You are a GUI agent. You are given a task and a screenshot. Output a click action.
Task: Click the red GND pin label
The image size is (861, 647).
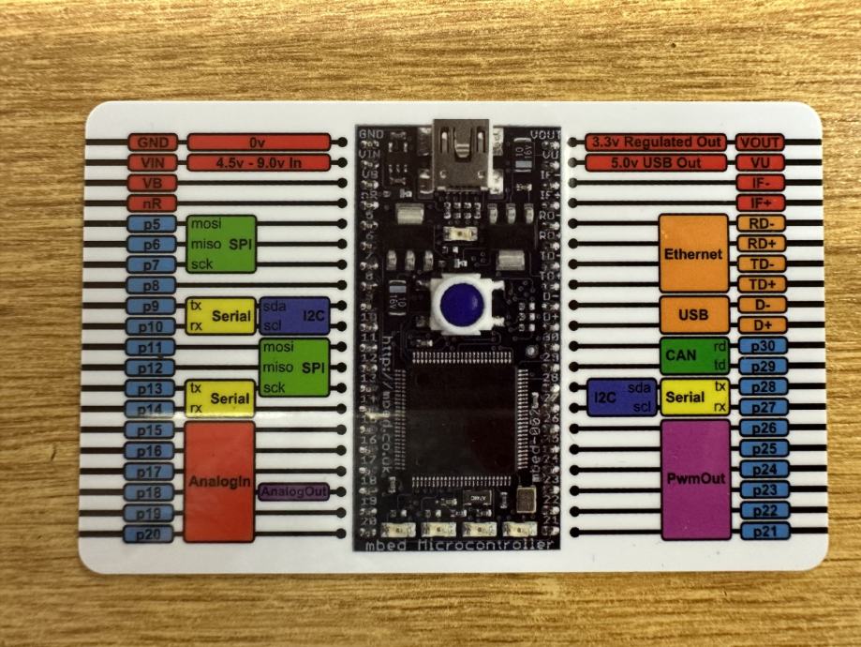(152, 143)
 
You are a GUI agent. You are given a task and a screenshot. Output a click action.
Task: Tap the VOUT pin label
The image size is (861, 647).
(760, 143)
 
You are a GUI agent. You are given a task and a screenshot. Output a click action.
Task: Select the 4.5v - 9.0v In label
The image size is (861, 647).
(259, 163)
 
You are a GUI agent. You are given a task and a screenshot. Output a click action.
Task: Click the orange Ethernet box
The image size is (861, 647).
(693, 253)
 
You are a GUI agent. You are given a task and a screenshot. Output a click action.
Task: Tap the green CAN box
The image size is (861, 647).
(693, 355)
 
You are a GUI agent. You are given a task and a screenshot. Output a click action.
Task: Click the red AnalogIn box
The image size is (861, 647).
(219, 482)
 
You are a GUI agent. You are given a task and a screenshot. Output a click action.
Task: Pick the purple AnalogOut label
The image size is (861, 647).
(293, 491)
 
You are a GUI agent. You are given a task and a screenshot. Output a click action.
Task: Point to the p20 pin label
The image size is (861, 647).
(152, 534)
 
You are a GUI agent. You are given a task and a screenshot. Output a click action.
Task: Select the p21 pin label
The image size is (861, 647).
(760, 531)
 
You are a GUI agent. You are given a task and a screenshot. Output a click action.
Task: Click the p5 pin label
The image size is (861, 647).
(152, 225)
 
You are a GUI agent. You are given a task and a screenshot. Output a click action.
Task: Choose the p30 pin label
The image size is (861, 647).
(760, 345)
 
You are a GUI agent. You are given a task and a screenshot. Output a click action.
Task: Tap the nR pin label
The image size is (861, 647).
(152, 203)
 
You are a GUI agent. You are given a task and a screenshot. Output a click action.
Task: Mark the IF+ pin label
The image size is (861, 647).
(760, 203)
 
